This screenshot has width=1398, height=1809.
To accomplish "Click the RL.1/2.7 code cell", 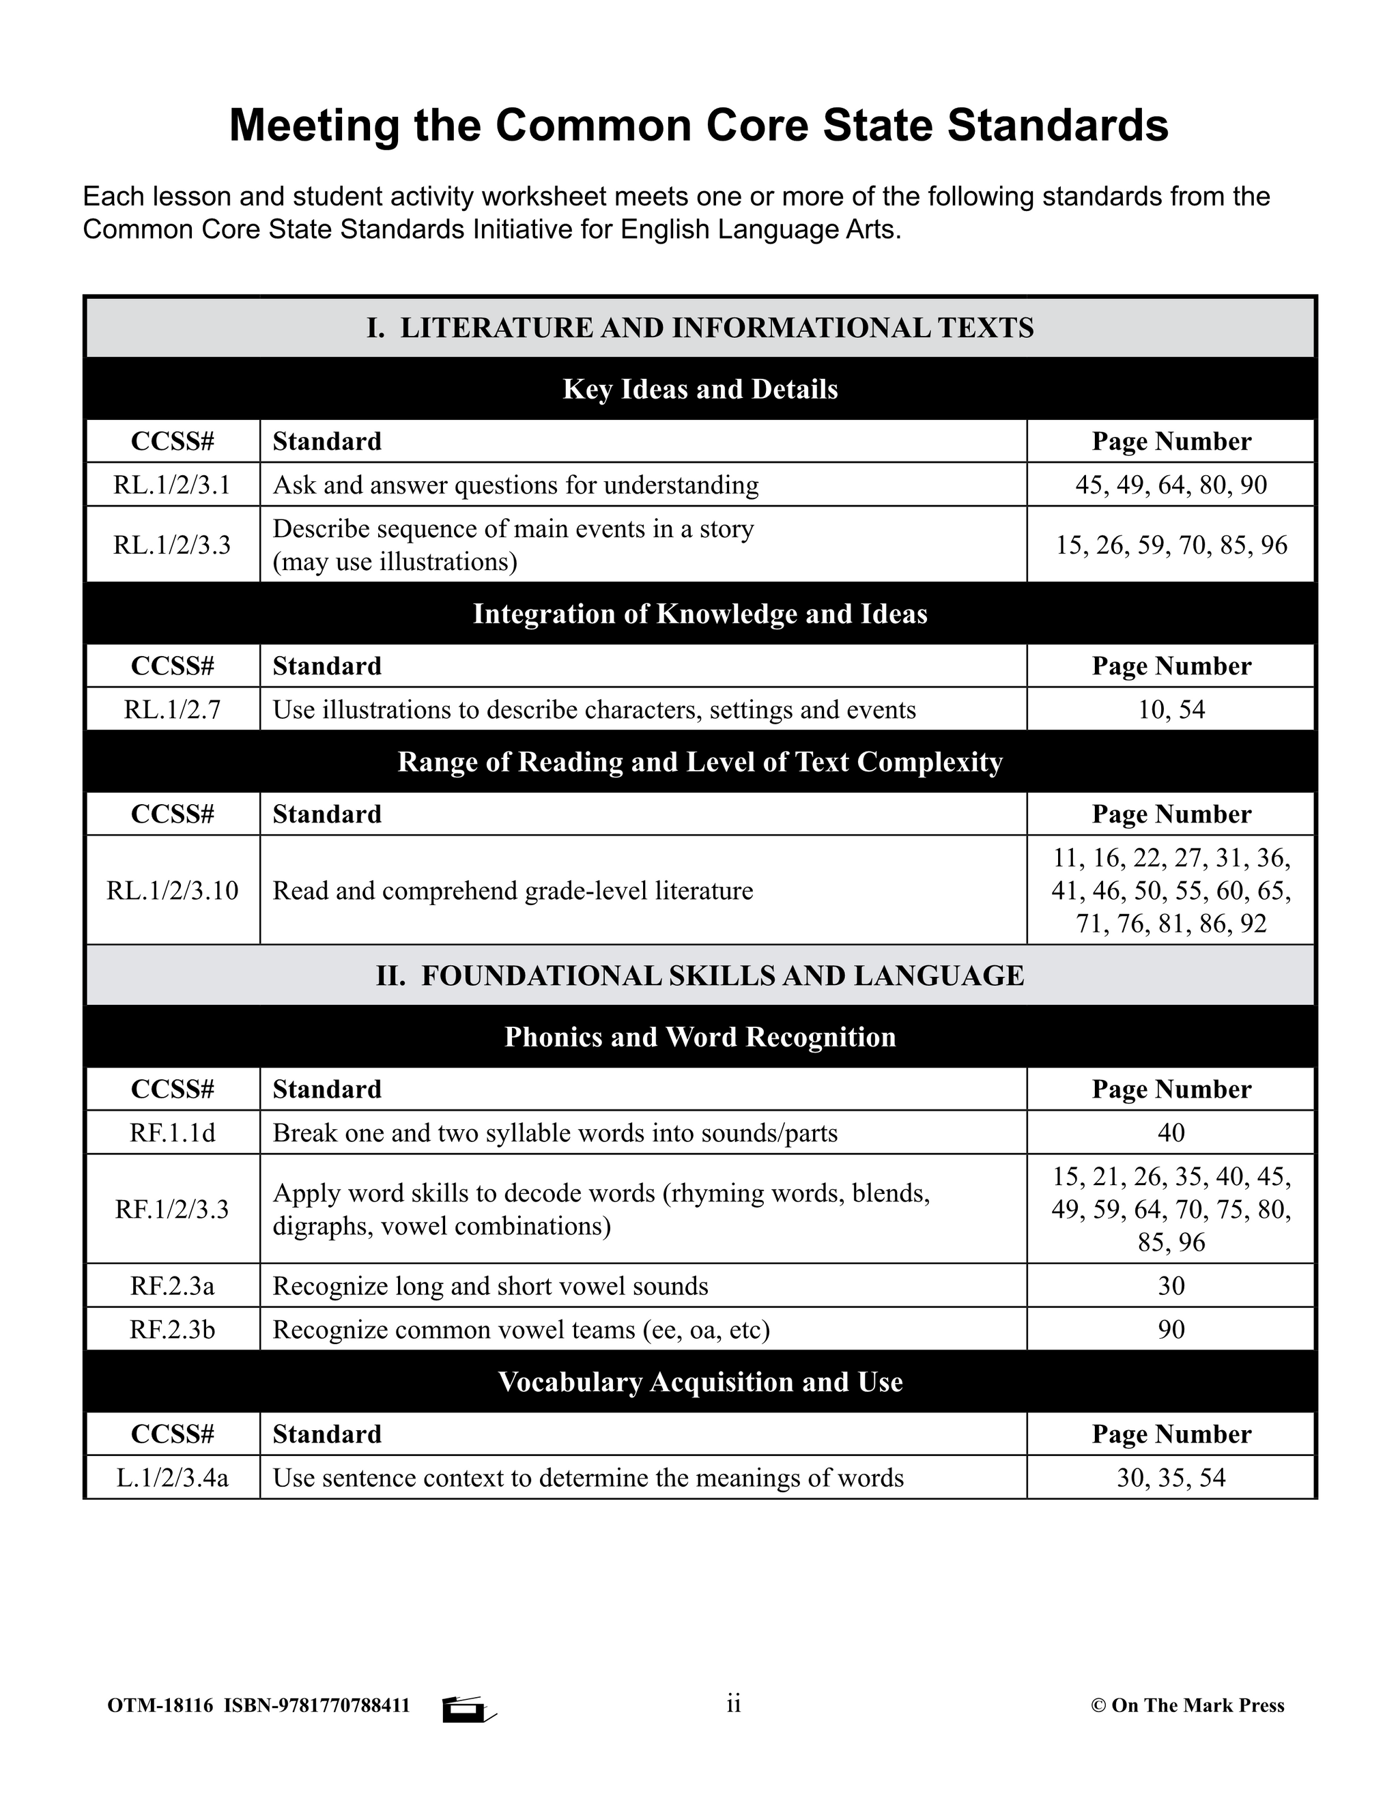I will [172, 710].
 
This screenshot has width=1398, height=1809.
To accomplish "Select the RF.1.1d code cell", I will [172, 1133].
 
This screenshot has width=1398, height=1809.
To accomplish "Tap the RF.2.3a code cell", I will [172, 1286].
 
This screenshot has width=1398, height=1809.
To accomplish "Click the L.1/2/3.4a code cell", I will [172, 1479].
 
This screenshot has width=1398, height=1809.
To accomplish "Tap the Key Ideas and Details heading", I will [700, 389].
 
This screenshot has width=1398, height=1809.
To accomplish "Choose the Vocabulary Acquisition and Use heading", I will [700, 1382].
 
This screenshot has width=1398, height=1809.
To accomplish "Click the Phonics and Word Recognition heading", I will [700, 1037].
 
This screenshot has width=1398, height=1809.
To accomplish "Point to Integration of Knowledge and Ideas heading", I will [700, 614].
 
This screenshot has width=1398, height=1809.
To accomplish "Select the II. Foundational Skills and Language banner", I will [700, 975].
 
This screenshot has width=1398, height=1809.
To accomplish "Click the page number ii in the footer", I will [733, 1704].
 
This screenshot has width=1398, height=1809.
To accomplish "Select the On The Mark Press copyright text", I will [1188, 1705].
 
